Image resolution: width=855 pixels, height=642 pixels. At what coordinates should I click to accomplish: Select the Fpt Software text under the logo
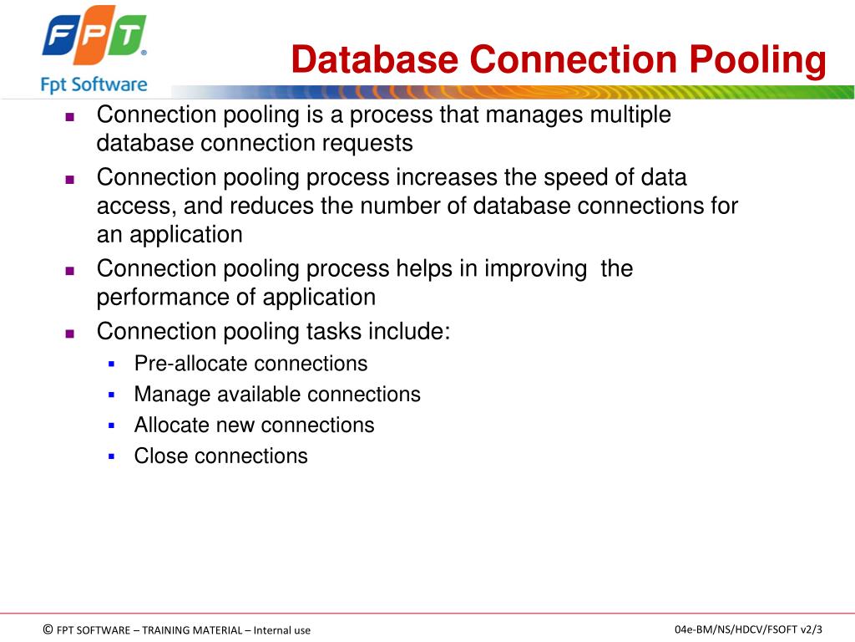[94, 84]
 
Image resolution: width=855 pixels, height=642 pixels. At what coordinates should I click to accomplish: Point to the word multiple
[630, 115]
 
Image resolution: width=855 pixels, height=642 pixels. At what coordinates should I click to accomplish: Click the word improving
[536, 268]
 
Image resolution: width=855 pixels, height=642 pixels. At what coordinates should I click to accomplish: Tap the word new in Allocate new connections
[235, 425]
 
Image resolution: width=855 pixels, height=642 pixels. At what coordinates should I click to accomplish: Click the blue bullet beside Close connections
[111, 456]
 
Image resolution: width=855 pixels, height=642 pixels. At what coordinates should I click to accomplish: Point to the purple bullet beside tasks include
[70, 333]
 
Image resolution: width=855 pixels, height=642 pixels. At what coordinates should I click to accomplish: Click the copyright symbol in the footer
[48, 629]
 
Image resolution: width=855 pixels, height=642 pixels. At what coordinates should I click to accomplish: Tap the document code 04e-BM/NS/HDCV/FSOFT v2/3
[748, 629]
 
